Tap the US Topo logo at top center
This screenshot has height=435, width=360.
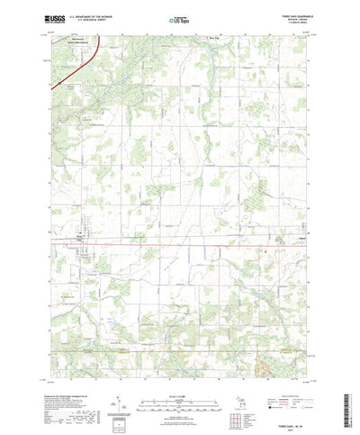pos(179,17)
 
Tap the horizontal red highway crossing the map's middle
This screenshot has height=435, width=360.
pos(180,241)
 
